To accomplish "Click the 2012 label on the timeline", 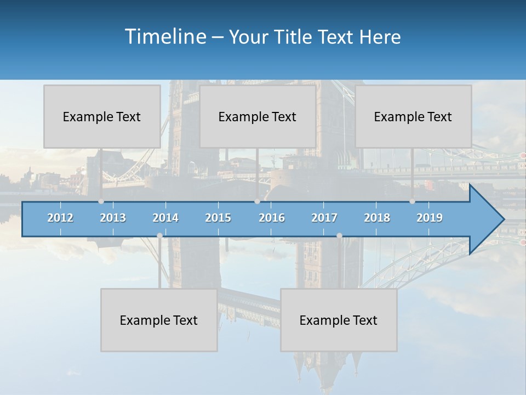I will click(x=60, y=218).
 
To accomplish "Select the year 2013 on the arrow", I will click(x=113, y=218).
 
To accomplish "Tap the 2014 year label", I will click(x=165, y=218).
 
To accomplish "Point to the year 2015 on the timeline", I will click(x=218, y=218).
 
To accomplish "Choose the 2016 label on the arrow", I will click(x=272, y=218).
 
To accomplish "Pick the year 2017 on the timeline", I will click(x=324, y=218).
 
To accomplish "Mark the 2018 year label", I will click(x=377, y=218).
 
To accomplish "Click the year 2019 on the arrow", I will click(x=430, y=218).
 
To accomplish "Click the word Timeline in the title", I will click(x=164, y=37).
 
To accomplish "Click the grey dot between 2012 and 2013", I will click(x=101, y=201).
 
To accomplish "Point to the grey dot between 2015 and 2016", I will click(x=257, y=201).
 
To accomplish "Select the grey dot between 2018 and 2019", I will click(x=412, y=201).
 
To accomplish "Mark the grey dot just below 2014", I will click(x=159, y=235).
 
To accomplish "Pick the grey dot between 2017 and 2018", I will click(x=339, y=235).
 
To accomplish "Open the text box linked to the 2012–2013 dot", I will click(x=102, y=116).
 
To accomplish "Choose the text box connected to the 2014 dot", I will click(x=159, y=320).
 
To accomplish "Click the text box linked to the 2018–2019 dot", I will click(x=413, y=116).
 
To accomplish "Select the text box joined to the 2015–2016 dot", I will click(x=258, y=116).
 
